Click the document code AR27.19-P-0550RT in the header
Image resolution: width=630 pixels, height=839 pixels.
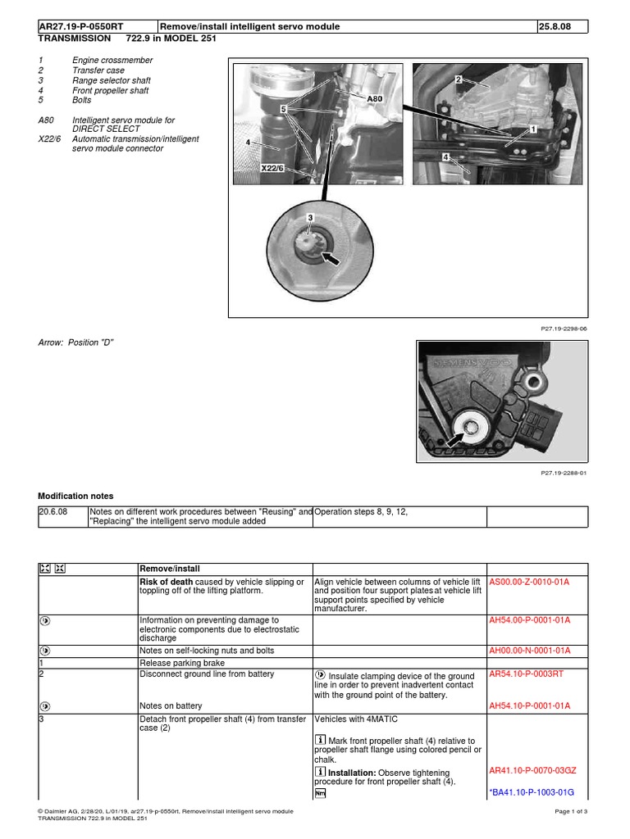[x=85, y=27]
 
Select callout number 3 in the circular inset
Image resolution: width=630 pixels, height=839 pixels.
[x=310, y=217]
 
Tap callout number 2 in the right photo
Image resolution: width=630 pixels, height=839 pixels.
[x=459, y=80]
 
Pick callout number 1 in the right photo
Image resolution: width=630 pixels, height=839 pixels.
[x=533, y=129]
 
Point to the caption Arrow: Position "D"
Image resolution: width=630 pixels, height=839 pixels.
[x=75, y=342]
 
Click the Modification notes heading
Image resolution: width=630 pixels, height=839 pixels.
[x=75, y=497]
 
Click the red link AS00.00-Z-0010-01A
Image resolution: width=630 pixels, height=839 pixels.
[x=529, y=581]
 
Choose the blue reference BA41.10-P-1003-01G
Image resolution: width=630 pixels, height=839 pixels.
[x=532, y=792]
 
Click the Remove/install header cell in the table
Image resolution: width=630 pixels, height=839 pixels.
[x=170, y=569]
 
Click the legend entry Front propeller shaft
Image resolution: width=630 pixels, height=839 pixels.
[x=109, y=91]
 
